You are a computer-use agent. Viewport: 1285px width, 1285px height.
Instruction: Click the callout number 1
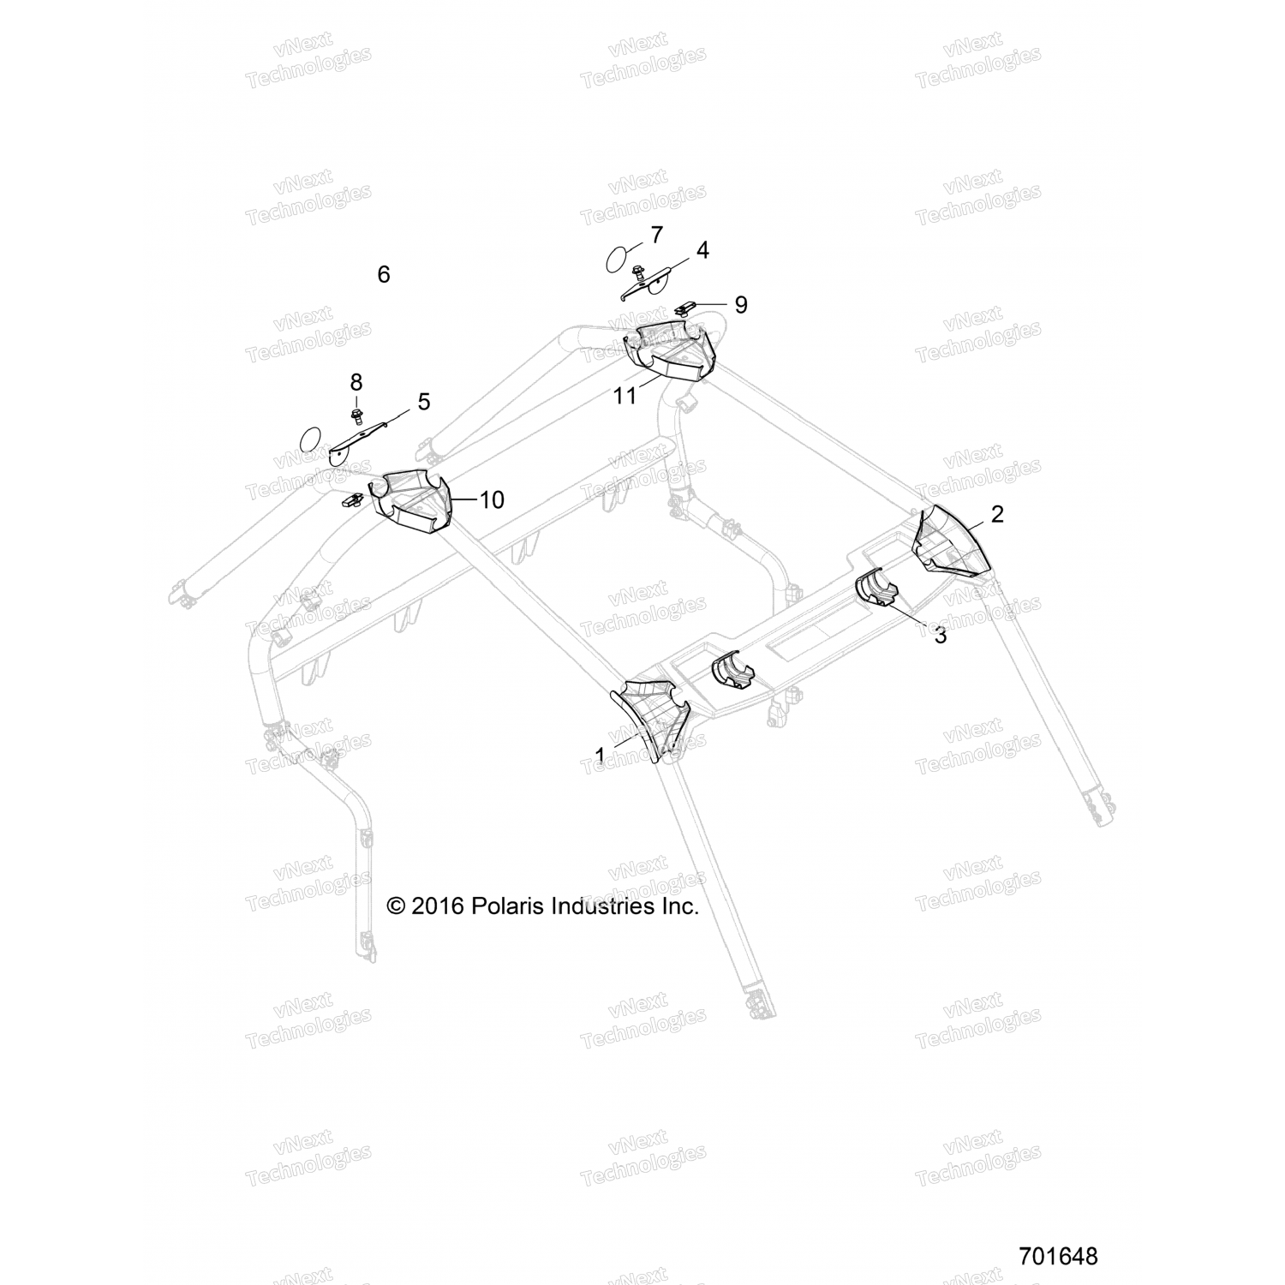click(601, 756)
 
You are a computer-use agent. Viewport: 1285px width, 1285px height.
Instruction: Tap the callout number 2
click(997, 514)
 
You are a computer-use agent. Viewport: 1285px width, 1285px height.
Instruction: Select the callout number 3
click(940, 636)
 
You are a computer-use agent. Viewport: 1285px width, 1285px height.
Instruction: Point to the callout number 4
click(702, 250)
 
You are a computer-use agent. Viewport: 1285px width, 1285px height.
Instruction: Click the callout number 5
click(424, 401)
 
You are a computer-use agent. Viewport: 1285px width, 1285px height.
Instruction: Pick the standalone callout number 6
click(384, 274)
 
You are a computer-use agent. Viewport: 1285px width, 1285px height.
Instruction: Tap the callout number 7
click(656, 234)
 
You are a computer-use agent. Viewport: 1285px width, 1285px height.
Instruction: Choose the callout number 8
click(356, 382)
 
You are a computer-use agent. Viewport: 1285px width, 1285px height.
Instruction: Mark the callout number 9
click(741, 304)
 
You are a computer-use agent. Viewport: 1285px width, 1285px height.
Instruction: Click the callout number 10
click(492, 499)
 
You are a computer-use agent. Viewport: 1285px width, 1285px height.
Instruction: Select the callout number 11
click(625, 396)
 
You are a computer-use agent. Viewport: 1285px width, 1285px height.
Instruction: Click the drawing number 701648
click(1059, 1256)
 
